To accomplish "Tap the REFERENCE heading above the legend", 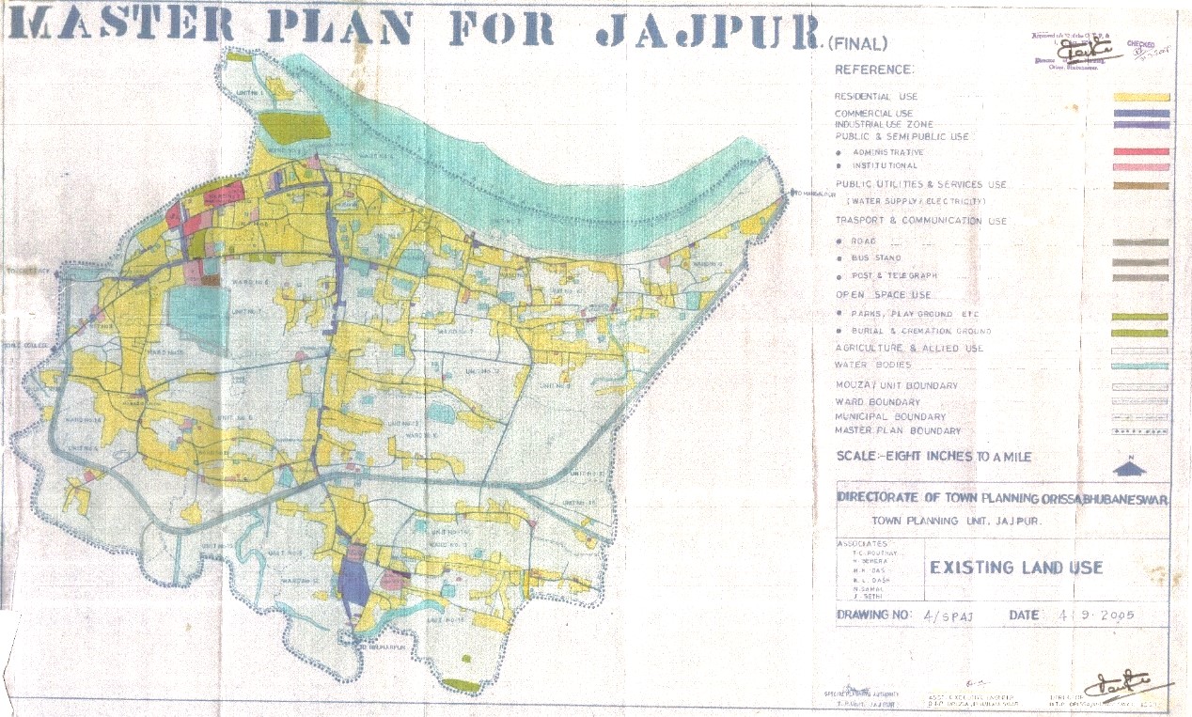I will click(873, 70).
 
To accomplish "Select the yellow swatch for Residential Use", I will click(1140, 97).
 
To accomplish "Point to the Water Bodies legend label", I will click(872, 365).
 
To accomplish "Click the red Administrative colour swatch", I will click(1140, 151).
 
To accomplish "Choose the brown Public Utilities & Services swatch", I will click(1140, 185).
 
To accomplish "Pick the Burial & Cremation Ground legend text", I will click(921, 332).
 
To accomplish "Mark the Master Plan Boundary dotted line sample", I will click(1140, 431).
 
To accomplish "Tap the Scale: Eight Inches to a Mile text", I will click(933, 457).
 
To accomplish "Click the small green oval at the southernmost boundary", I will click(461, 685).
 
